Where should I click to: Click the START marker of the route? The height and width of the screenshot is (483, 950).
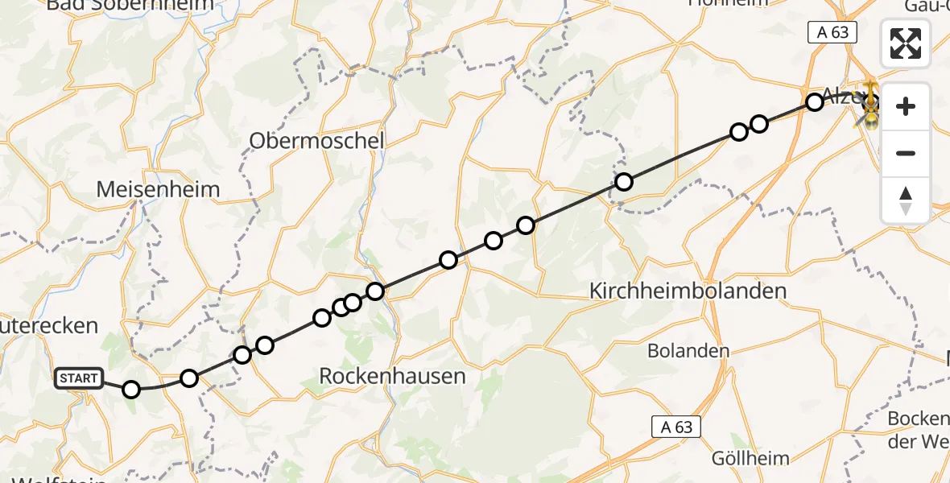point(79,378)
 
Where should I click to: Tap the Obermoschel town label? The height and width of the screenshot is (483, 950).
point(316,141)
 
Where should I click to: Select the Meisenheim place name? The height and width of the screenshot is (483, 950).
point(158,190)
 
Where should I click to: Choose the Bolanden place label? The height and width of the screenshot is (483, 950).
point(689,351)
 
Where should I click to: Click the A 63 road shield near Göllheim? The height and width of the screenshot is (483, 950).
point(676,427)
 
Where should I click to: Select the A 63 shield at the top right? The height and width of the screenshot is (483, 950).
point(832,32)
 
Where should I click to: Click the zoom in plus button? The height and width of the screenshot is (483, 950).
point(906,107)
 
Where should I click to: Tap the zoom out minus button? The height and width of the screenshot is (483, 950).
point(906,153)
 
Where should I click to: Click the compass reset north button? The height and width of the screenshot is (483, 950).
point(906,200)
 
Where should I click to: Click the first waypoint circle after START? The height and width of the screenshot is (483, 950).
point(131,390)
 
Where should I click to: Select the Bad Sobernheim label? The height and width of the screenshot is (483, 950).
point(130,5)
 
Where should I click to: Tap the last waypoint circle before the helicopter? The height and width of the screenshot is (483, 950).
point(815,102)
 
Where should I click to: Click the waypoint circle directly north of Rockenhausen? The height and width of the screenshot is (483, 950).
point(375,291)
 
